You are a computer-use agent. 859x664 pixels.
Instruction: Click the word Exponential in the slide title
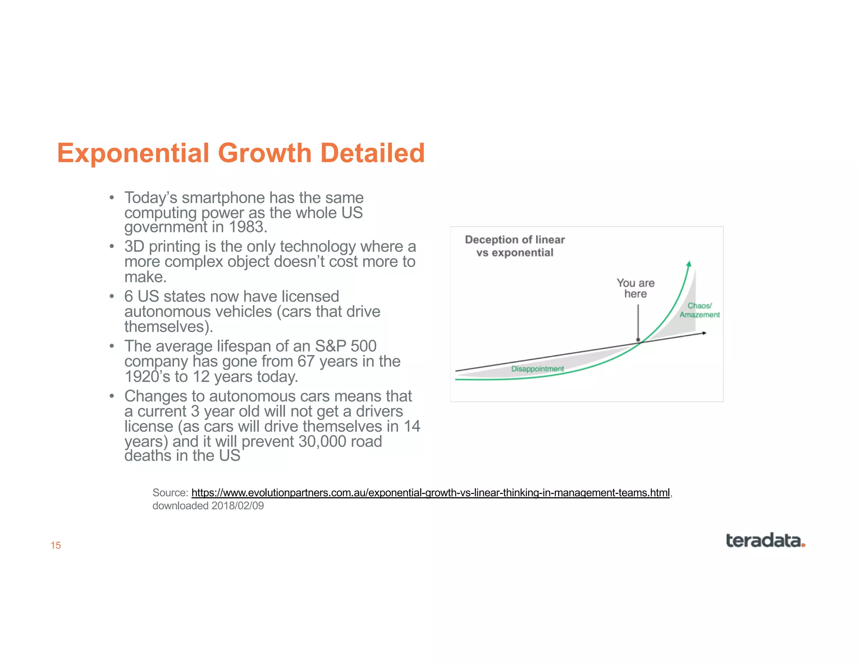pyautogui.click(x=133, y=153)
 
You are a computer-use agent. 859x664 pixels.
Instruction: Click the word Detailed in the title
pyautogui.click(x=372, y=153)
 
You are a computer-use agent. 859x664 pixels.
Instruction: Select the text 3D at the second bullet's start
pyautogui.click(x=134, y=247)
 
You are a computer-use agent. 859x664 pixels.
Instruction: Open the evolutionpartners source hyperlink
pyautogui.click(x=430, y=493)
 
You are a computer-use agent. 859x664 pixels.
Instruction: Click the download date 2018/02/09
pyautogui.click(x=237, y=506)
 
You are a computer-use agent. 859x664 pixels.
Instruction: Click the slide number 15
pyautogui.click(x=56, y=545)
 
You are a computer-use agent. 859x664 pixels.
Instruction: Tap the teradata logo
pyautogui.click(x=763, y=541)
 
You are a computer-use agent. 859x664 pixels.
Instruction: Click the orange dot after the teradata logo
pyautogui.click(x=803, y=545)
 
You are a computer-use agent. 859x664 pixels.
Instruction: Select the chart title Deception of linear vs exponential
pyautogui.click(x=515, y=246)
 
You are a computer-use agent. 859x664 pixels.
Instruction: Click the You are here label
pyautogui.click(x=635, y=288)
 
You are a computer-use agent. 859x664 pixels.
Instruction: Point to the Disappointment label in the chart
pyautogui.click(x=537, y=369)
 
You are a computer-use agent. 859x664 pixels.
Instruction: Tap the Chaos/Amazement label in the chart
pyautogui.click(x=699, y=310)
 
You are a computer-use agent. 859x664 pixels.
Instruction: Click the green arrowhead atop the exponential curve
pyautogui.click(x=689, y=264)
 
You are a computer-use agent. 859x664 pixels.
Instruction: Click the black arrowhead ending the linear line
pyautogui.click(x=704, y=333)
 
